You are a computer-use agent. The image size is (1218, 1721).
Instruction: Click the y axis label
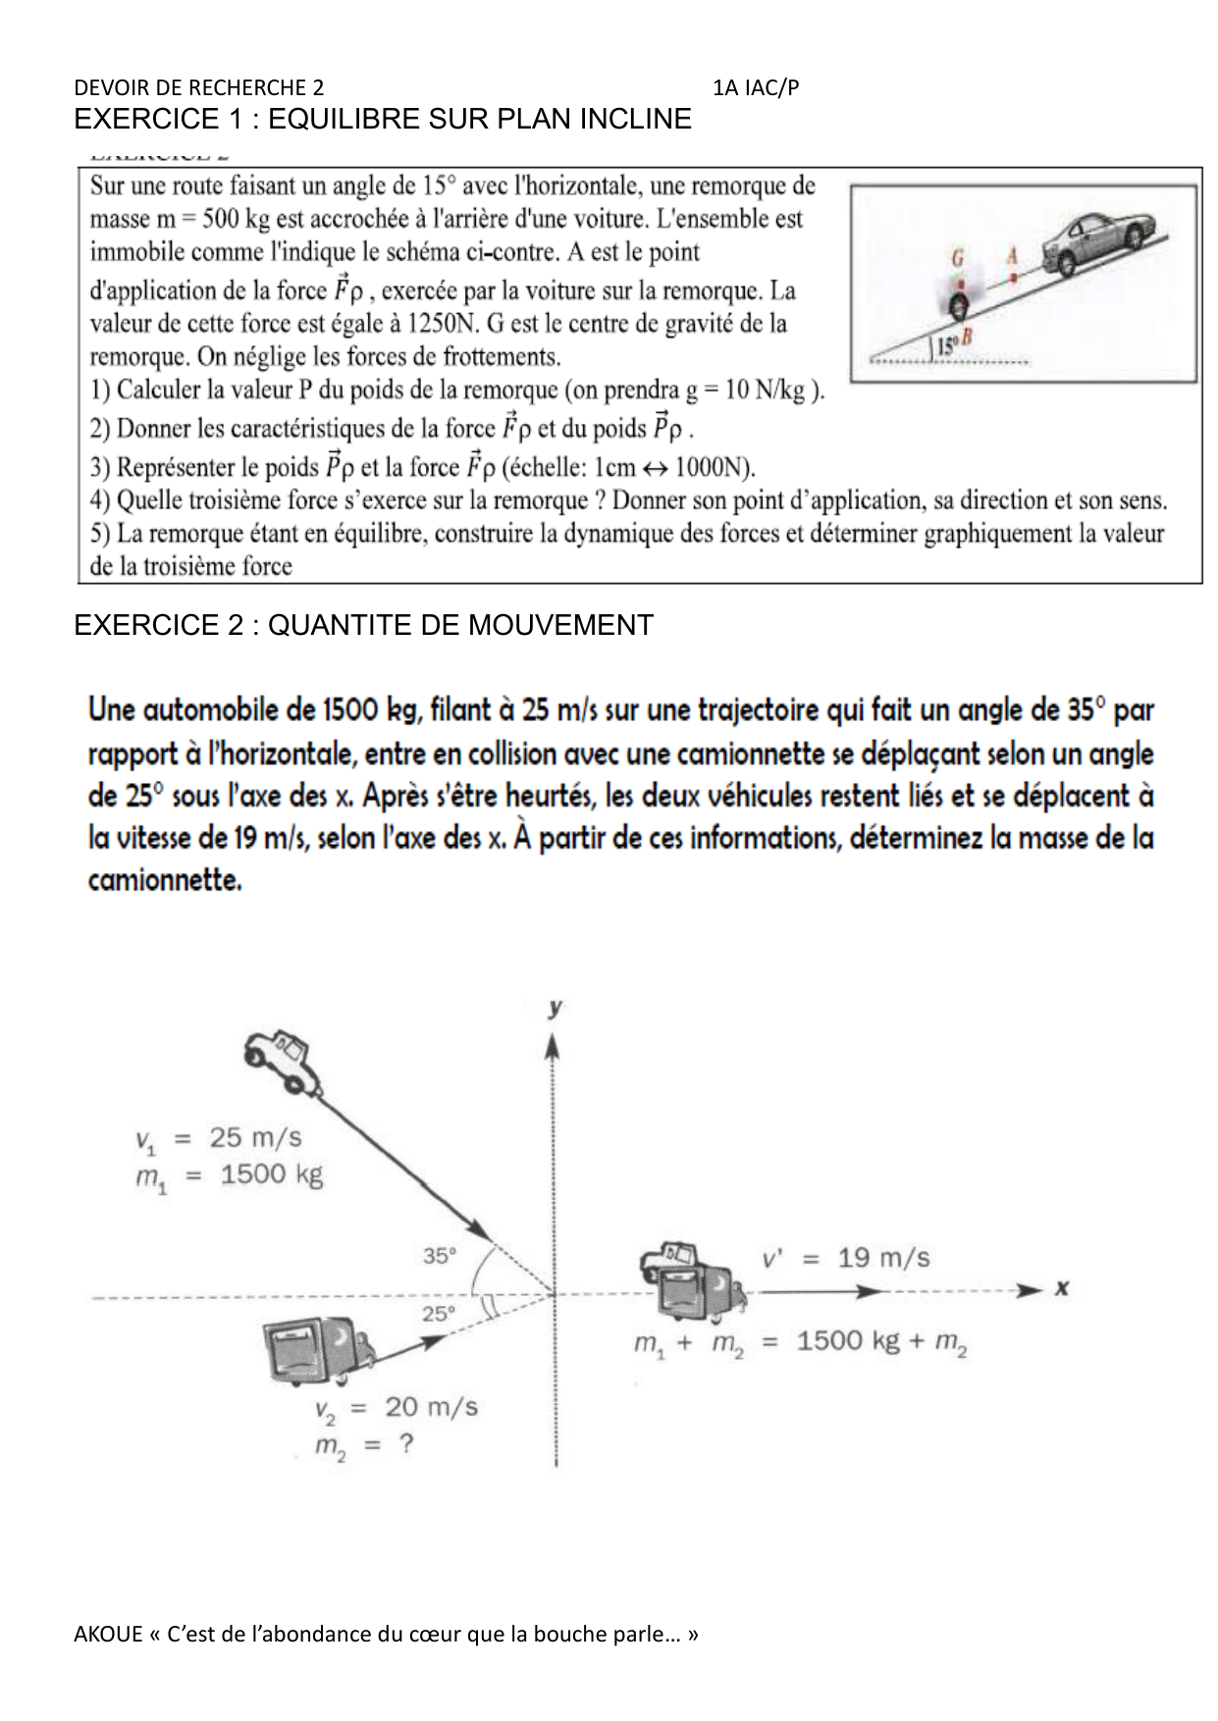coord(556,1009)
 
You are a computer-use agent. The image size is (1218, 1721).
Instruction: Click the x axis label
coord(1061,1287)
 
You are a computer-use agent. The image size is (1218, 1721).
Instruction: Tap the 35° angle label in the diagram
coord(440,1254)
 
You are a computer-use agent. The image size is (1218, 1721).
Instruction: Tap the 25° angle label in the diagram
coord(440,1313)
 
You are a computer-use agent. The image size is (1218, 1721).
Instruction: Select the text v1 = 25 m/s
coord(218,1139)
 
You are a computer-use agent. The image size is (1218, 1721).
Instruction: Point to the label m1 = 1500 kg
coord(229,1175)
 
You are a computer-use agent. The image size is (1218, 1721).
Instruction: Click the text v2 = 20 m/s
coord(396,1408)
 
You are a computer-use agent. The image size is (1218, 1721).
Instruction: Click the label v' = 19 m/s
coord(846,1258)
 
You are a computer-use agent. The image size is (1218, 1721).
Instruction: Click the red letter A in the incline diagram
coord(1013,255)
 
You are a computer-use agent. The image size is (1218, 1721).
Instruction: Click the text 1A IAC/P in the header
coord(757,88)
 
